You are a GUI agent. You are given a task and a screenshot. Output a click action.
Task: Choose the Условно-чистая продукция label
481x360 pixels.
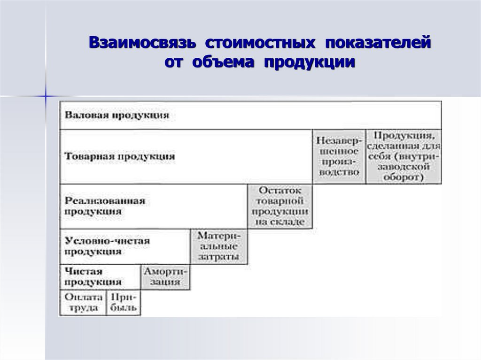107,246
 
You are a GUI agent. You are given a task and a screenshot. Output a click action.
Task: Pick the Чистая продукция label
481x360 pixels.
93,277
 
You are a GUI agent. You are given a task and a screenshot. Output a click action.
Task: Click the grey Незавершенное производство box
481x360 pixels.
338,156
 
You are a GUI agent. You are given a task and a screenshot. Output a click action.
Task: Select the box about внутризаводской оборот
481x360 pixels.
403,156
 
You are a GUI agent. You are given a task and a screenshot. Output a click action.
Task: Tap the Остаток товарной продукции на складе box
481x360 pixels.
280,206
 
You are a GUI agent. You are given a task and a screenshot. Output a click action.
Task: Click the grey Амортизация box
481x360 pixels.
166,277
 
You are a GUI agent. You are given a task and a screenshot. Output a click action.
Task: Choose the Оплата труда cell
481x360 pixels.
83,303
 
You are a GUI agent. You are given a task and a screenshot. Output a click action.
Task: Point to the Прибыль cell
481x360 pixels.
124,303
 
